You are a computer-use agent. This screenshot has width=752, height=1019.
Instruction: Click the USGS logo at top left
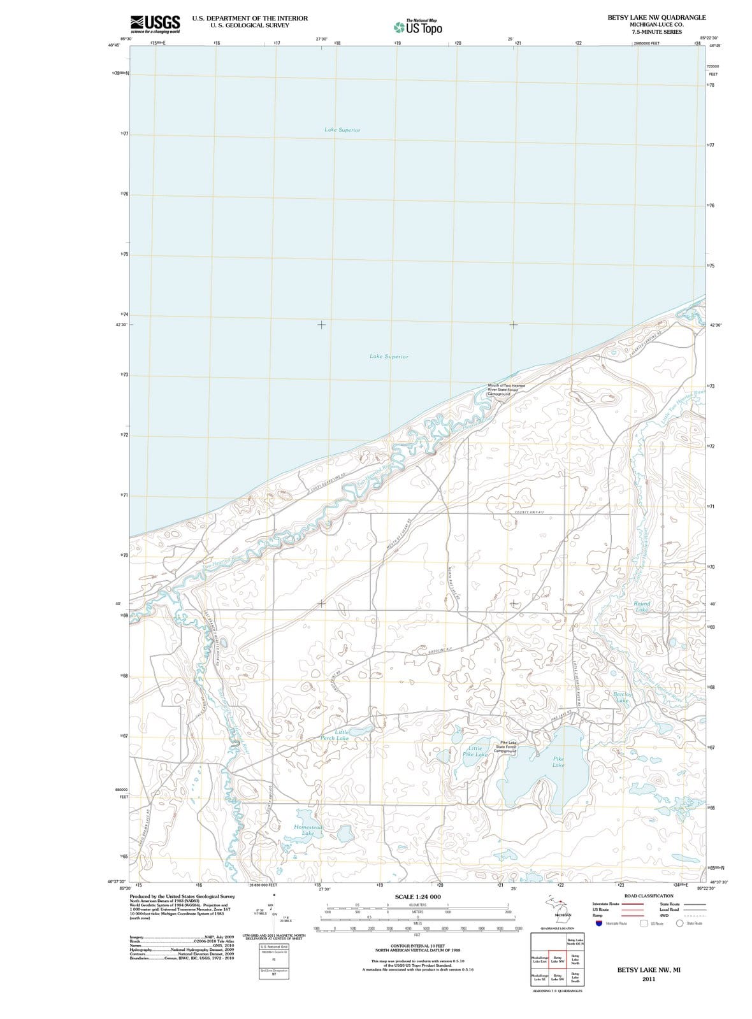[154, 24]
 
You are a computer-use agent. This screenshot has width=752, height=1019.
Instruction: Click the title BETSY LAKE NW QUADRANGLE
[656, 17]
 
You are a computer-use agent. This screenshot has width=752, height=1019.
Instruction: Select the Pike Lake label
[558, 762]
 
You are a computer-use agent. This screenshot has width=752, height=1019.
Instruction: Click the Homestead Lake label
[308, 829]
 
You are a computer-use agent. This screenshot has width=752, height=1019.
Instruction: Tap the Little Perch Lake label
[334, 735]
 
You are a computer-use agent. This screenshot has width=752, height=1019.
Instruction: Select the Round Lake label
[641, 606]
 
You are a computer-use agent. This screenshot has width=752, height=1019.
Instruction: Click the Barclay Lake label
[622, 697]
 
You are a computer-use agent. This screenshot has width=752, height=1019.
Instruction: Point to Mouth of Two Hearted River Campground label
[506, 389]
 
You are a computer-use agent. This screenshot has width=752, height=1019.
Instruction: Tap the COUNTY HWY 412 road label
[528, 511]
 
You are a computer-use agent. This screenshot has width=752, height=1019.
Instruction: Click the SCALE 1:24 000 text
[418, 896]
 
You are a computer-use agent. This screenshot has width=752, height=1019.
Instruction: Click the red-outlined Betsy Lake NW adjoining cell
[557, 958]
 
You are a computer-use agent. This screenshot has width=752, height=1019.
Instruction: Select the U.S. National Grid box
[274, 947]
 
